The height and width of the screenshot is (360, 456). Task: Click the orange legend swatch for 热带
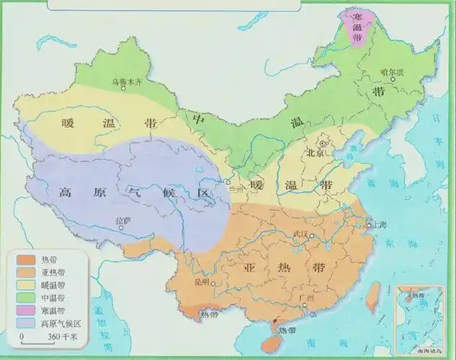pos(24,258)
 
